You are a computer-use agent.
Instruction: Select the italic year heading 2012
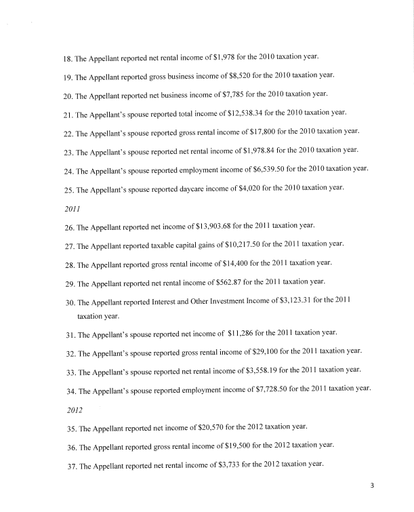[x=75, y=410]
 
